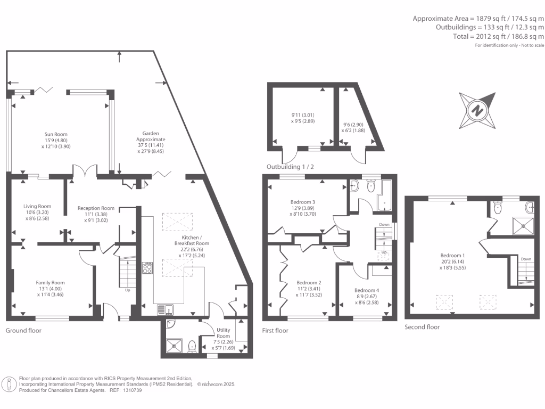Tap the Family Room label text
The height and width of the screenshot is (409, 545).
(x=50, y=283)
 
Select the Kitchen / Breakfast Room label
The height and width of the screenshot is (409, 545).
(x=192, y=240)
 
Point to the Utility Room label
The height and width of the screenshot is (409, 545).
(x=224, y=333)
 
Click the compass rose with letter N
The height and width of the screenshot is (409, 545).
(x=477, y=111)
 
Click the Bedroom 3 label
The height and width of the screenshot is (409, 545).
(x=302, y=202)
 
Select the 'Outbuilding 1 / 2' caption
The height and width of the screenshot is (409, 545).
(x=292, y=167)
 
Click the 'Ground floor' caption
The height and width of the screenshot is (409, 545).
(x=23, y=331)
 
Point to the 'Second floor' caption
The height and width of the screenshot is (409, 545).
(x=422, y=327)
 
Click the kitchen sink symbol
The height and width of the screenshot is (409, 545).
(x=164, y=309)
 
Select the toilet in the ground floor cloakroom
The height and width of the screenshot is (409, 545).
(x=192, y=347)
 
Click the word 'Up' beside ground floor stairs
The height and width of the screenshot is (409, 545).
(x=127, y=290)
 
